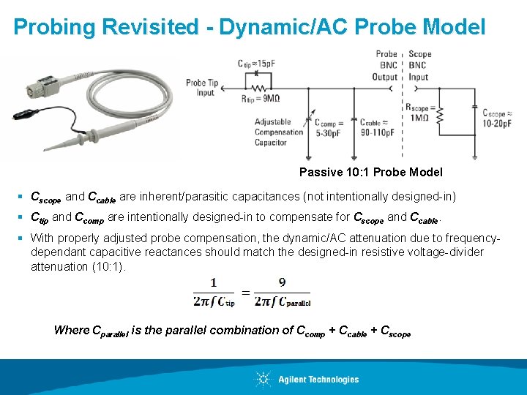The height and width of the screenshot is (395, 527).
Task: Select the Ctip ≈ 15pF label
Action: click(x=256, y=64)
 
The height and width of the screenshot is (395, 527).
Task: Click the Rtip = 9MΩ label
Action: click(x=261, y=98)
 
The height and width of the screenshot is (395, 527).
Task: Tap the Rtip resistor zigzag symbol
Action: click(x=267, y=81)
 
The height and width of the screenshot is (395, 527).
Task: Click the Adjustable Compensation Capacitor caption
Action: click(x=278, y=132)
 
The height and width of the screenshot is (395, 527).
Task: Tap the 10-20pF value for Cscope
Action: click(x=498, y=122)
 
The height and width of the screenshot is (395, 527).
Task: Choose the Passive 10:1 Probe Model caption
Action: click(x=370, y=173)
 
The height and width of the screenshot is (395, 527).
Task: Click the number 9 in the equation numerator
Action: click(x=283, y=282)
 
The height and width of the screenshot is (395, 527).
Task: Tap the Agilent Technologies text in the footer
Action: click(x=318, y=380)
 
